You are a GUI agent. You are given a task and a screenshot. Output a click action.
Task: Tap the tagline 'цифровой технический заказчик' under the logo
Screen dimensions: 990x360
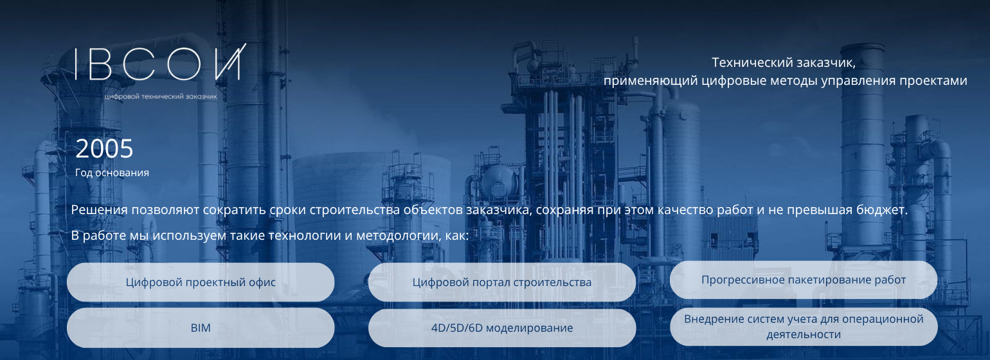tap(161, 96)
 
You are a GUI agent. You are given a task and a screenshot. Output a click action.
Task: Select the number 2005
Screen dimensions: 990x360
tap(104, 148)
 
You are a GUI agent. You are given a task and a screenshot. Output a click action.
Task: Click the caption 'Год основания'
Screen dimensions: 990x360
tap(112, 172)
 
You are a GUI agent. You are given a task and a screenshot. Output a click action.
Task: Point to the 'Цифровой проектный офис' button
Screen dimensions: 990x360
tap(201, 282)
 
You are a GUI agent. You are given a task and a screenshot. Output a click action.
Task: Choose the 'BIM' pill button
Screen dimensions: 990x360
tap(201, 328)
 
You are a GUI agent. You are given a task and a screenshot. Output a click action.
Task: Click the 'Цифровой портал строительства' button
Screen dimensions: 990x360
tap(502, 282)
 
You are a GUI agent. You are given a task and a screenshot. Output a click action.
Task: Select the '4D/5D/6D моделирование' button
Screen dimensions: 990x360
tap(502, 328)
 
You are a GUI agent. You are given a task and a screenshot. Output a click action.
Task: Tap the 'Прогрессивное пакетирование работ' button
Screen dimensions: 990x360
tap(804, 280)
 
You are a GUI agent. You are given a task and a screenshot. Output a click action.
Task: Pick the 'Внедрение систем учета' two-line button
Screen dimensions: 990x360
tap(804, 327)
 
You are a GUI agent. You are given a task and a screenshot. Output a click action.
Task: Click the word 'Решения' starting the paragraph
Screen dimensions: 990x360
tap(100, 210)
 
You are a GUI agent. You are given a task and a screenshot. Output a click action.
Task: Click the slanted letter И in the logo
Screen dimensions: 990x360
tap(230, 62)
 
